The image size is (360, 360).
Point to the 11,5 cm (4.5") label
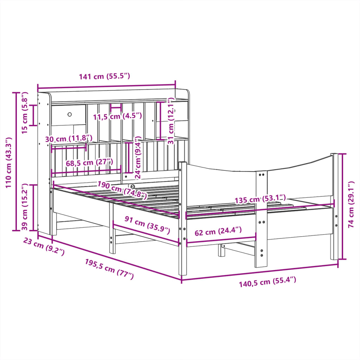117,116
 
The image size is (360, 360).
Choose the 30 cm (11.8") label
69,139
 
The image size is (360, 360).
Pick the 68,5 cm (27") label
89,162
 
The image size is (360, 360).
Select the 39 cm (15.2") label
25,207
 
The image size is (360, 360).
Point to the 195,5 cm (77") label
109,269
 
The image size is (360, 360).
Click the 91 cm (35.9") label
147,225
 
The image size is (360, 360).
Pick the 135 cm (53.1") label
261,200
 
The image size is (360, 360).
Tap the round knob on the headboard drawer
70,114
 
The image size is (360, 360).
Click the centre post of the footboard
261,218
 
